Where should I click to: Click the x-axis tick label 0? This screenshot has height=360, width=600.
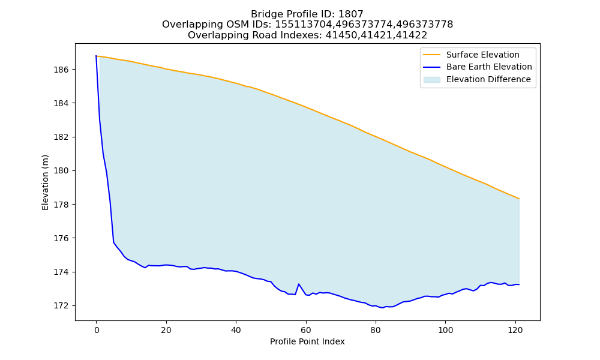[x=97, y=330]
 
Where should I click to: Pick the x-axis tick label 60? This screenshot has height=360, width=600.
[x=306, y=330]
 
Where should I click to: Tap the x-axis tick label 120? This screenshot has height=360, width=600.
[x=515, y=330]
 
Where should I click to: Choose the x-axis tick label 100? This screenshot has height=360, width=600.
[x=445, y=330]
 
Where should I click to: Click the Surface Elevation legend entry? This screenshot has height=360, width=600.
[x=471, y=55]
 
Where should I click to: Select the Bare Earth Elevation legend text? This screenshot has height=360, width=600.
[x=489, y=67]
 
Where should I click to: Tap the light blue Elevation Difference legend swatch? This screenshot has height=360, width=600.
[x=431, y=80]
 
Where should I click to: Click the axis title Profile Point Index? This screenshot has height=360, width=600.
[x=307, y=341]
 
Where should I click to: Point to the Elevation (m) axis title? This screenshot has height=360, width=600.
[x=45, y=182]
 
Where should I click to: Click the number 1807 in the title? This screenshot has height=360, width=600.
[x=350, y=14]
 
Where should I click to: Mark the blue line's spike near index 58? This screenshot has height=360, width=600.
[x=298, y=284]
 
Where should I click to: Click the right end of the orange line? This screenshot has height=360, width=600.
[x=519, y=199]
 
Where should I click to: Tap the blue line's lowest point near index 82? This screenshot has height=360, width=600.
[x=382, y=308]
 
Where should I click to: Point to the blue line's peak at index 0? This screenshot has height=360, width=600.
[x=96, y=56]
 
